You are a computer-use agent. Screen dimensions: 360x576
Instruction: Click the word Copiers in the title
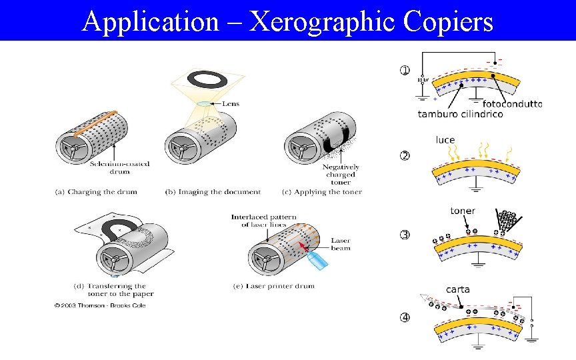point(448,21)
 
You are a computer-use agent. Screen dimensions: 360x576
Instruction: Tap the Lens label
point(230,103)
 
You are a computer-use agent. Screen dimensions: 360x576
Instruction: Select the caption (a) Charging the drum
point(96,192)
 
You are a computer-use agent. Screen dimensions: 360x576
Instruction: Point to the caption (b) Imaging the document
point(213,192)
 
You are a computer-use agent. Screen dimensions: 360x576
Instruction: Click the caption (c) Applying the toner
point(322,192)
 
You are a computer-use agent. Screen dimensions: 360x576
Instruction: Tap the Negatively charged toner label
point(340,173)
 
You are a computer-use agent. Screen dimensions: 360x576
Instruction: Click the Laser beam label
point(340,244)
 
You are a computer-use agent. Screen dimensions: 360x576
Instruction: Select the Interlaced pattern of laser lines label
point(264,221)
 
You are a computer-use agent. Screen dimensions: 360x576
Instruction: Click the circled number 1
point(404,70)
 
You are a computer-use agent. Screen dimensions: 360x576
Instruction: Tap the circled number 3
point(404,234)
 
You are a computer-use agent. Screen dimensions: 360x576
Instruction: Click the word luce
point(445,140)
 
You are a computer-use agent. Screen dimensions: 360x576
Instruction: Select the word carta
point(457,289)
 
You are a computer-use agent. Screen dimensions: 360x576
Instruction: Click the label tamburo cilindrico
point(460,114)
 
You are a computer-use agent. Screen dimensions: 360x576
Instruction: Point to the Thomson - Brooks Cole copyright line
point(100,305)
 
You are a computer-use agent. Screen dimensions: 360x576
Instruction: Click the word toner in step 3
point(463,211)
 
